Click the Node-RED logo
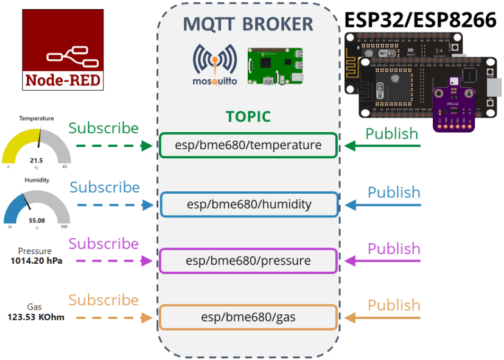tap(63, 50)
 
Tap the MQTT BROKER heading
tap(248, 24)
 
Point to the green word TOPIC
tap(248, 116)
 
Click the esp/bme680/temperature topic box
tap(248, 146)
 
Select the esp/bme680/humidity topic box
tap(248, 205)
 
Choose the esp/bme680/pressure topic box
tap(248, 261)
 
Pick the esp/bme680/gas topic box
tap(248, 317)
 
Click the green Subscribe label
tap(103, 128)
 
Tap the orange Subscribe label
tap(103, 300)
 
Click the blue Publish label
tap(394, 192)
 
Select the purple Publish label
tap(394, 249)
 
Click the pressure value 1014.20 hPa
tap(36, 261)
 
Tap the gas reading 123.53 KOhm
tap(36, 317)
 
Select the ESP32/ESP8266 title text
tap(420, 19)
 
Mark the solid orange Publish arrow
tap(383, 317)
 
